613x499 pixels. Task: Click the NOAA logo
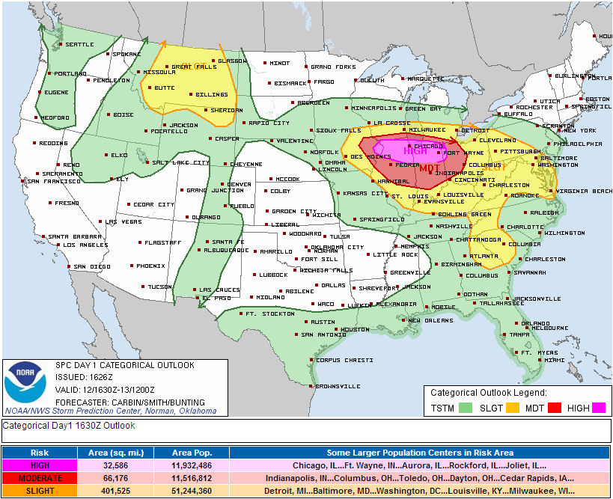[25, 382]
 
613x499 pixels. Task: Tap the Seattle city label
[79, 44]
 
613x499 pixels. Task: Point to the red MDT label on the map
[429, 168]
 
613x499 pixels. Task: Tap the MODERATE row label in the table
[40, 477]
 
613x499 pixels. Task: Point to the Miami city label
[555, 360]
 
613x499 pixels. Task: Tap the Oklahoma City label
[337, 247]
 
